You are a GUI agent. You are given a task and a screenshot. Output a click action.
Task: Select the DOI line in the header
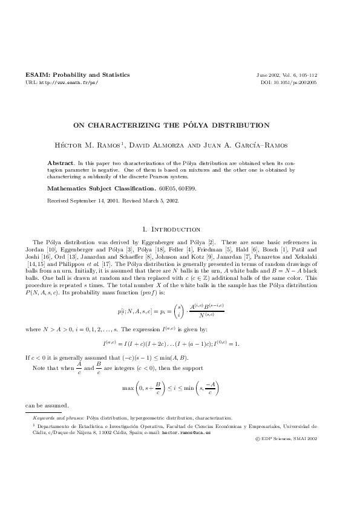288,82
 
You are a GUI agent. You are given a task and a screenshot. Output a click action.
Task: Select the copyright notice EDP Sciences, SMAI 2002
290,441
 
